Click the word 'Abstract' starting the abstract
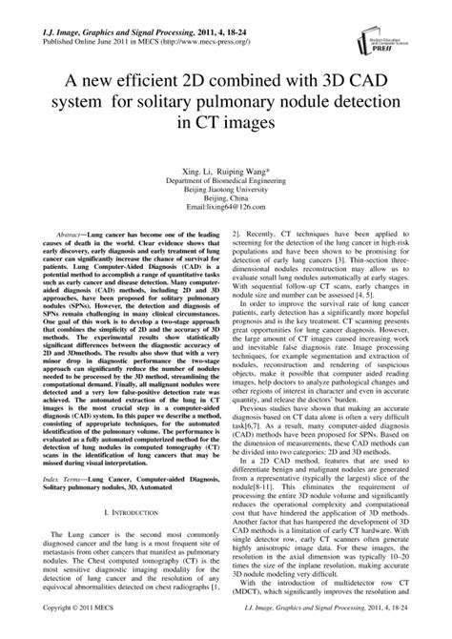(72, 234)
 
